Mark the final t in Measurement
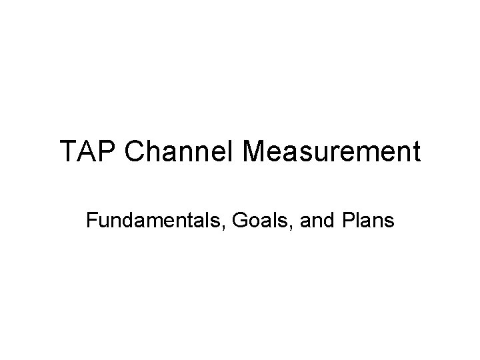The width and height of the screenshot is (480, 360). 417,153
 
